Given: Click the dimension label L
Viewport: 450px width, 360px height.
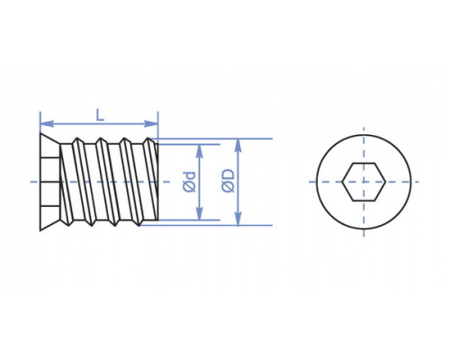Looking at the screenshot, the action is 100,115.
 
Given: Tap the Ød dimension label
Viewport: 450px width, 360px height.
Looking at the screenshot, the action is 189,182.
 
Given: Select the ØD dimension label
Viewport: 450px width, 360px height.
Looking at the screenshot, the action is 228,181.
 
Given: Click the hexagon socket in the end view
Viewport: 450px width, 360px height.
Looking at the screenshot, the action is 364,182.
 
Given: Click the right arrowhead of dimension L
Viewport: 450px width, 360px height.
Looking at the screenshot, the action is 151,123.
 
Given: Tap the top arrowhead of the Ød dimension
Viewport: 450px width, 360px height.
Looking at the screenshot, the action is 199,151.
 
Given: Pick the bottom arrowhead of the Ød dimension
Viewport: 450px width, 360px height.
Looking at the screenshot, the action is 199,213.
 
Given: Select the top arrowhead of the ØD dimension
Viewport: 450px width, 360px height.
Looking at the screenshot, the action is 238,146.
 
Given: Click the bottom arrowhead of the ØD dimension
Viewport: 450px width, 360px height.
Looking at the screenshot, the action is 238,219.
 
